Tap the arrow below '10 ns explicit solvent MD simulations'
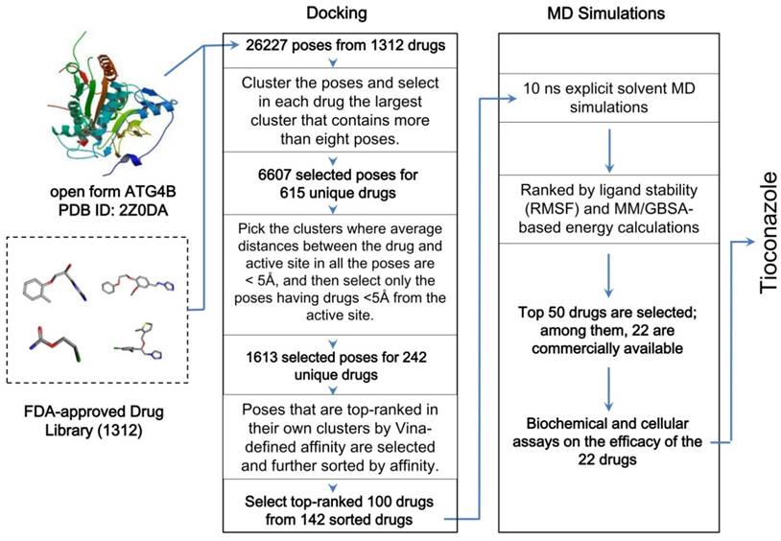[606, 146]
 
